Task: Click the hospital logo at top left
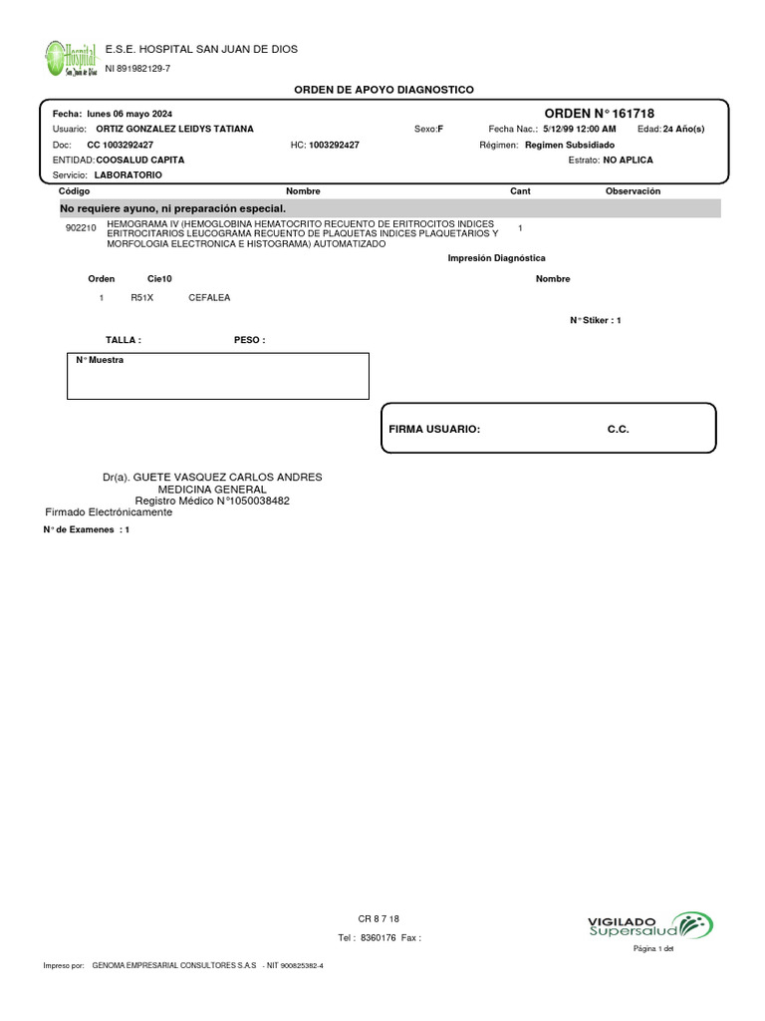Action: pos(71,58)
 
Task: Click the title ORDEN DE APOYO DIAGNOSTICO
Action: pos(383,90)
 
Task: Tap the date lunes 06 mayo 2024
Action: pos(129,115)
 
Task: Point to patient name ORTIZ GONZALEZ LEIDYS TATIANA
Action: pos(174,130)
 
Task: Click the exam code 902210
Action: pos(80,228)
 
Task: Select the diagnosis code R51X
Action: pos(142,298)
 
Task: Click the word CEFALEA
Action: pos(209,298)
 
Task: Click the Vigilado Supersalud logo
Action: pos(650,925)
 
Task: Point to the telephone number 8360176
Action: pos(379,938)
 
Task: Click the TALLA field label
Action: pos(124,340)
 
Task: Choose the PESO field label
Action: pos(249,340)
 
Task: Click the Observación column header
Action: pos(633,190)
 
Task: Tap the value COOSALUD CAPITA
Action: pos(139,160)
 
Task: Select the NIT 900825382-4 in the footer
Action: pos(296,966)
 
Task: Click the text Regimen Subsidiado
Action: pos(570,145)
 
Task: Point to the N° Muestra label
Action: pos(100,360)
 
